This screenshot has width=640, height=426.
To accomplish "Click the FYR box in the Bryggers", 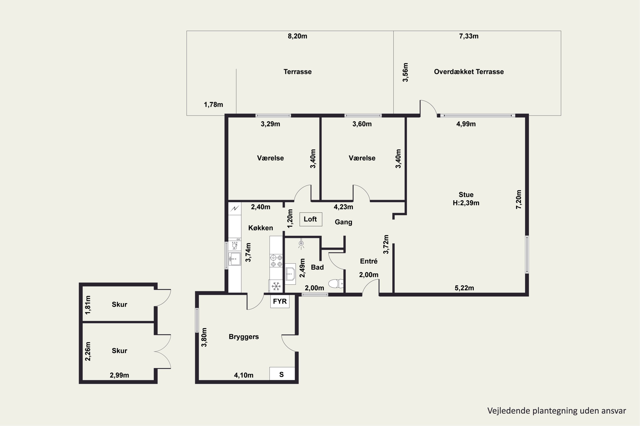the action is click(280, 301).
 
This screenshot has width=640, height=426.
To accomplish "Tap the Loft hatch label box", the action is click(311, 219).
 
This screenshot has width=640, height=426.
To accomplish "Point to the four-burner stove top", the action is click(276, 261).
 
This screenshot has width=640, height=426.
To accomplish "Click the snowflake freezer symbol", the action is click(276, 286).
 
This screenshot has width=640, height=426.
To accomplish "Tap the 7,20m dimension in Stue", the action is click(519, 199).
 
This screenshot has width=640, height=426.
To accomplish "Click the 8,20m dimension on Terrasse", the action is click(297, 36).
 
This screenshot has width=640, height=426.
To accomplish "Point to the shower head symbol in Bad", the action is click(301, 244).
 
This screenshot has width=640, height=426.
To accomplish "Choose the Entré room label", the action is click(369, 261).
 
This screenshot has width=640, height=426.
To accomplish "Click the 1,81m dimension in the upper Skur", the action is click(88, 305).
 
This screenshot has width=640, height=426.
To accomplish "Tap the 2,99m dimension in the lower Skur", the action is click(119, 375).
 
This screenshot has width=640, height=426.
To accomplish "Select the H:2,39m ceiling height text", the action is click(466, 203).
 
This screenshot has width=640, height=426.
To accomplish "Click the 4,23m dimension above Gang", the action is click(343, 207).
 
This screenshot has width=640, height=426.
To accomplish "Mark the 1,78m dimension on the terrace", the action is click(213, 105).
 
